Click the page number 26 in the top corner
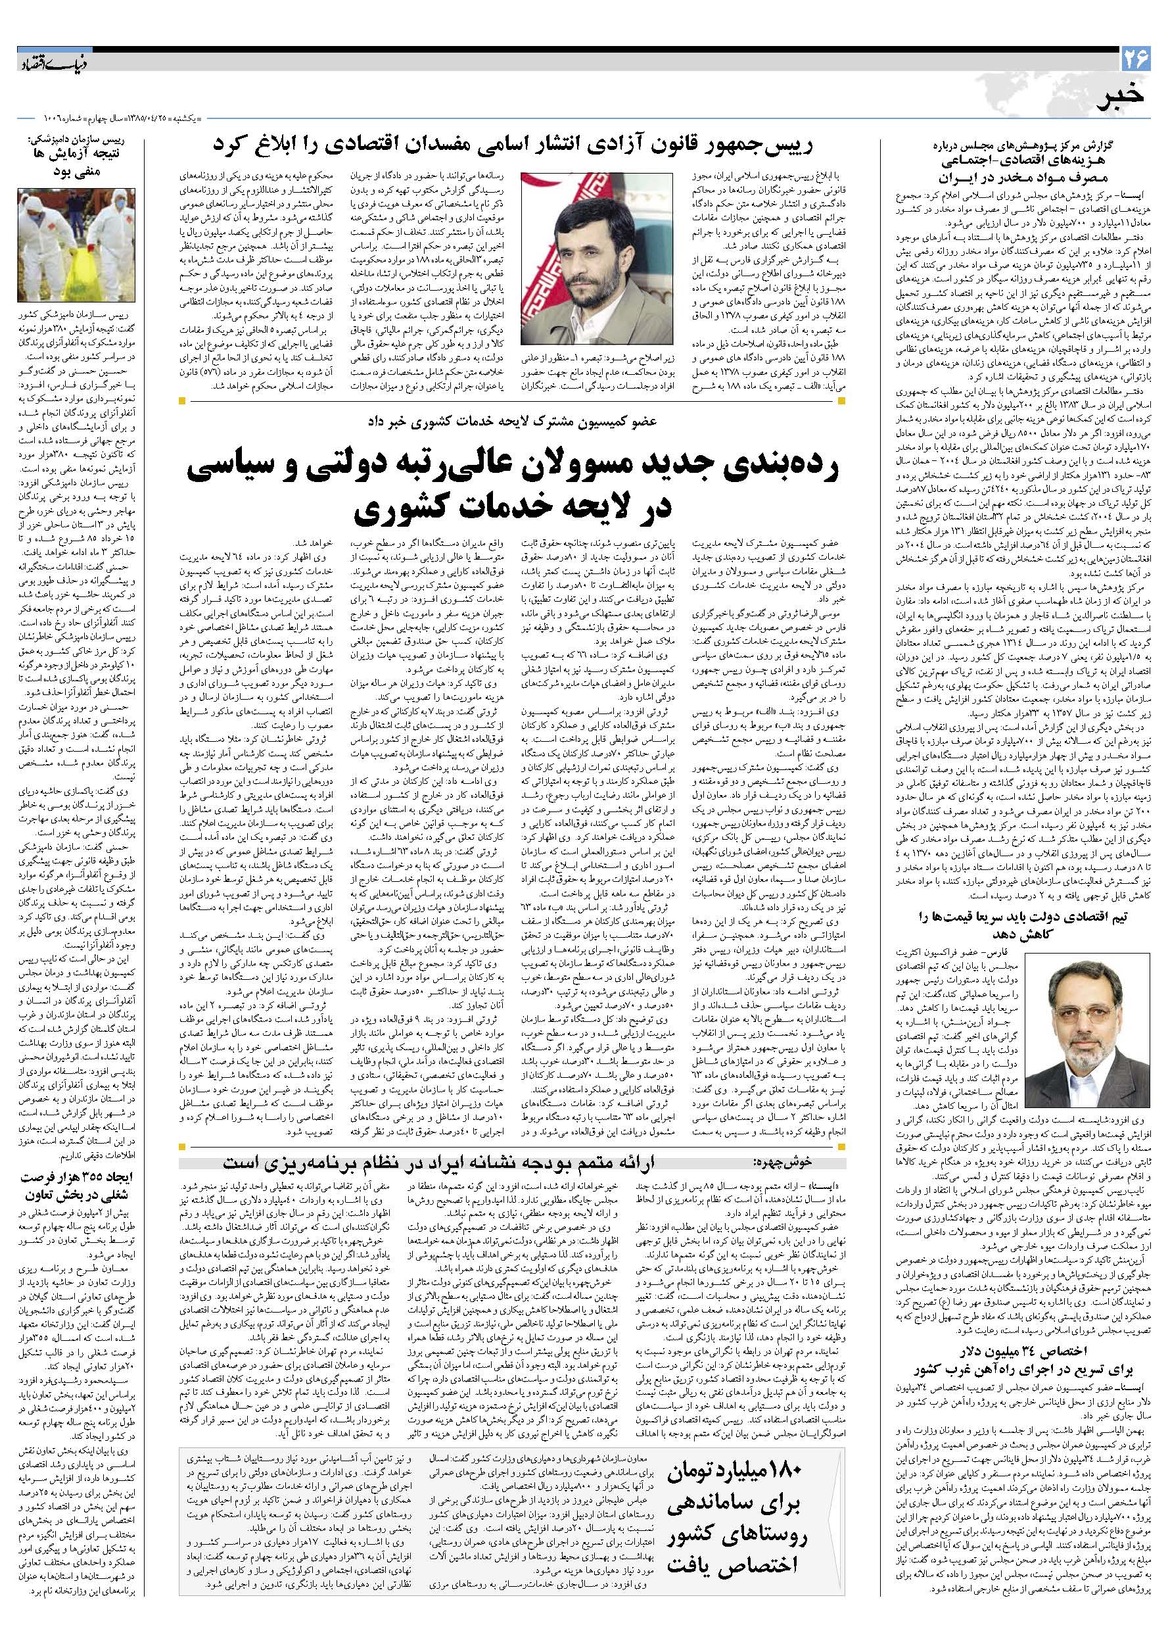(x=1137, y=55)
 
